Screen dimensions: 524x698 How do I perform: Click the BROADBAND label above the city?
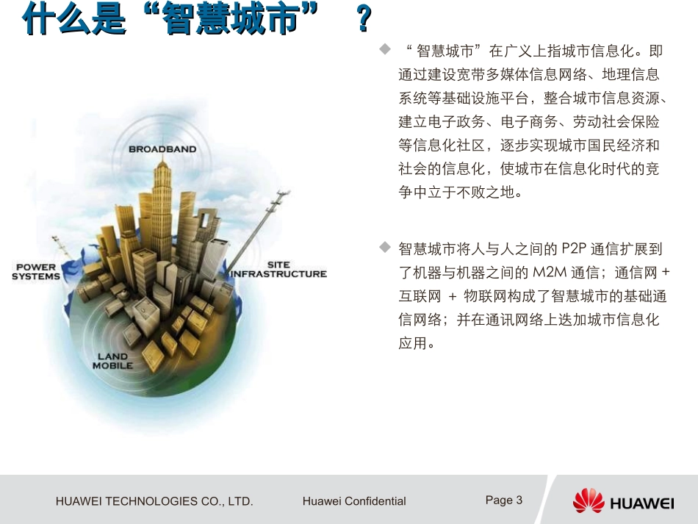[x=162, y=149]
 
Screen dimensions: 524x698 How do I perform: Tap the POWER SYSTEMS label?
[x=36, y=272]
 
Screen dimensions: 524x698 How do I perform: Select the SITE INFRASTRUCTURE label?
[x=278, y=269]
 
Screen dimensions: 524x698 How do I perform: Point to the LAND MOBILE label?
[x=112, y=361]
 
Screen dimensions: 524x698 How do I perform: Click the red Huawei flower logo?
[x=588, y=501]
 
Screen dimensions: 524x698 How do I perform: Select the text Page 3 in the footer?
[x=504, y=500]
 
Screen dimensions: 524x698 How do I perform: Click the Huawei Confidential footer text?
[x=354, y=501]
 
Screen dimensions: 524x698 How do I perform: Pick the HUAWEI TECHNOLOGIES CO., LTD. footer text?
[x=154, y=501]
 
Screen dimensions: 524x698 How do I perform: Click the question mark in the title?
[x=363, y=20]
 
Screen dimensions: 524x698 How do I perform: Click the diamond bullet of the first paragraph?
[x=384, y=49]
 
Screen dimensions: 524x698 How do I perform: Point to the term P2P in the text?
[x=575, y=249]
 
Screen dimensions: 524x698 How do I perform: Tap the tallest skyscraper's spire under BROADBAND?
[x=162, y=163]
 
